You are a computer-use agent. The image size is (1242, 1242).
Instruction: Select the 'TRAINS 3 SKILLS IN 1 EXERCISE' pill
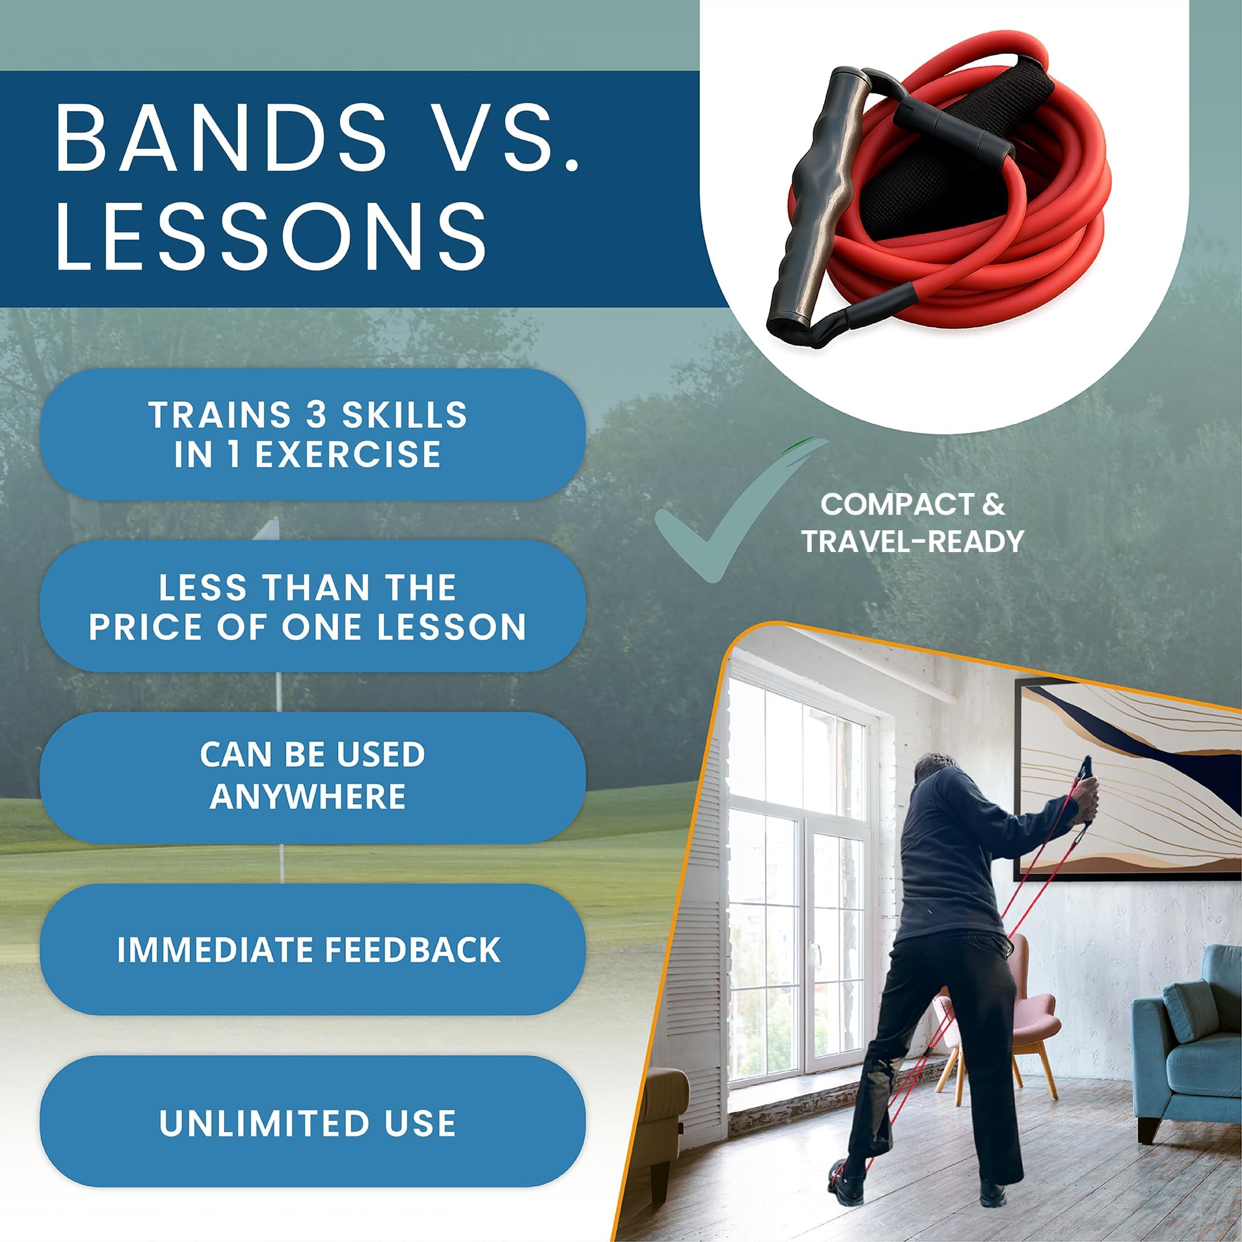[312, 434]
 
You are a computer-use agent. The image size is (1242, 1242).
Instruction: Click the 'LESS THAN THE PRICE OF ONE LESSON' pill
[312, 606]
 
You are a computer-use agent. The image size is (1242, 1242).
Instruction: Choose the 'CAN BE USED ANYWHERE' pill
[312, 777]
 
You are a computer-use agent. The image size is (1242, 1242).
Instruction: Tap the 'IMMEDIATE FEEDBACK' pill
[312, 950]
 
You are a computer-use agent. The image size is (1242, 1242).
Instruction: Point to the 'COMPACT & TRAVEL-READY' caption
[912, 523]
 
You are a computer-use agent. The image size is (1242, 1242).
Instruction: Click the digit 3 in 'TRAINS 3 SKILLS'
[316, 415]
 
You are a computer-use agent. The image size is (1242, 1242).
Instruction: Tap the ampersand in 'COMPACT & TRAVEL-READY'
[994, 504]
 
